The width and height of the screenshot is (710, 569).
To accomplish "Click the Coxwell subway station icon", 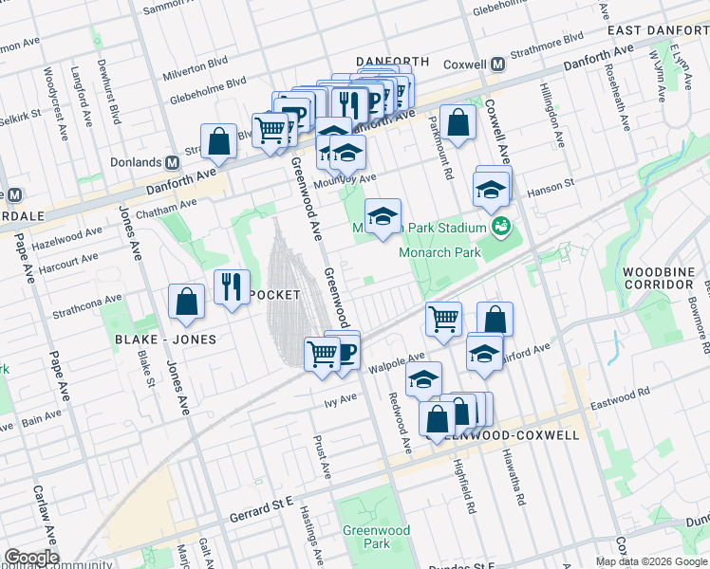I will [x=496, y=64].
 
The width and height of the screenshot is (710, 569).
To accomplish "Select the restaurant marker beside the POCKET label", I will [x=232, y=285].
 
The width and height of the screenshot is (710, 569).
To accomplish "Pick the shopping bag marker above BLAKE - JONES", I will [x=187, y=301].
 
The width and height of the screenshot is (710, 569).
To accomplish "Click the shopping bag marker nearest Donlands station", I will [x=218, y=140].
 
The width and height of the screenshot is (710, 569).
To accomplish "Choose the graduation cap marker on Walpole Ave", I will [x=423, y=379].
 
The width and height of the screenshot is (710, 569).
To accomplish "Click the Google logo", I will [x=30, y=557].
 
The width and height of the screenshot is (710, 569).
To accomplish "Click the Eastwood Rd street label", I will [x=619, y=392].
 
